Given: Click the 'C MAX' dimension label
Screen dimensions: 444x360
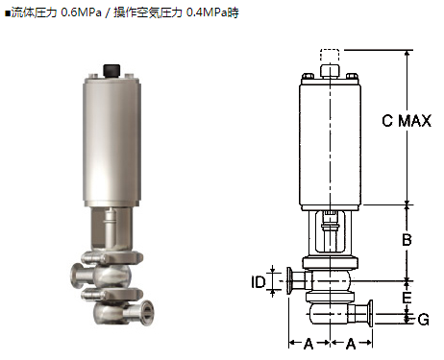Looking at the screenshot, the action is coord(407,121).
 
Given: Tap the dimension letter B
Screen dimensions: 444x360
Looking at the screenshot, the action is coord(407,239).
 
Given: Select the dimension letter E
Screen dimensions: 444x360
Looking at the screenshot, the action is coord(407,298).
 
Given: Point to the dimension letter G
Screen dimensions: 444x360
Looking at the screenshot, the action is coord(424,320).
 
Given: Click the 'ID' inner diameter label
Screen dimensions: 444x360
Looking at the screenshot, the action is coord(259,282).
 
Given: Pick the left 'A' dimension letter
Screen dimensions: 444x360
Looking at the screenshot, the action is coord(308,344).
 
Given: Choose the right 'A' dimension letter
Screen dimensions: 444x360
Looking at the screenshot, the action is coord(351,344).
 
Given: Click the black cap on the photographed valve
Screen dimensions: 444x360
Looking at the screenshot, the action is coord(111,71).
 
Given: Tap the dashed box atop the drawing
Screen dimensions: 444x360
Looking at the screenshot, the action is coord(330,55).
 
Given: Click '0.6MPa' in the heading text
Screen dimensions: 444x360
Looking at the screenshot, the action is coord(81,12).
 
